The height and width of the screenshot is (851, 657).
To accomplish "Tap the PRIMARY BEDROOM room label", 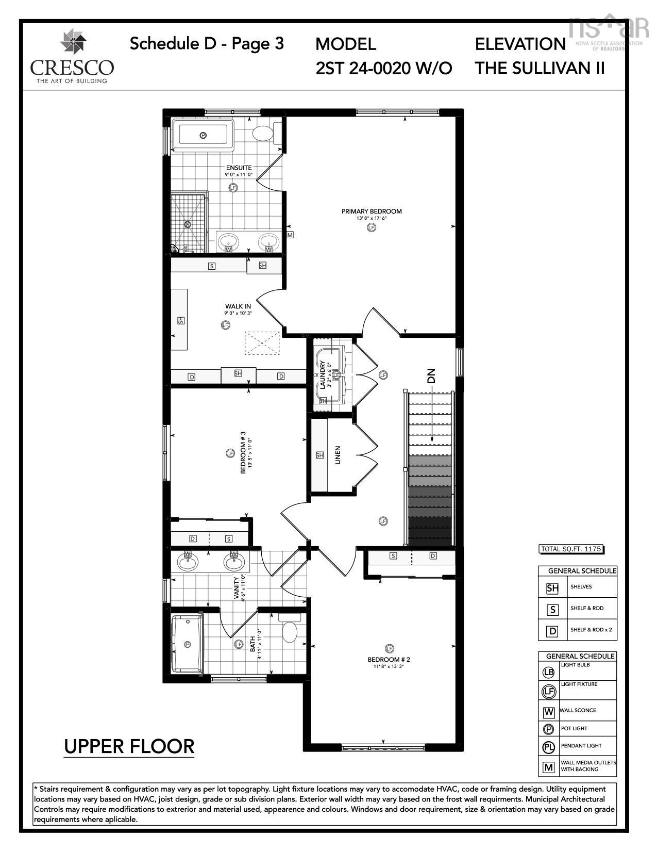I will point(371,211).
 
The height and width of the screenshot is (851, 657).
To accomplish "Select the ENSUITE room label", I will point(239,168).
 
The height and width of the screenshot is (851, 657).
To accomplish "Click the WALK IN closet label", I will point(238,306).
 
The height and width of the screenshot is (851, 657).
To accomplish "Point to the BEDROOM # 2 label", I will point(389,660).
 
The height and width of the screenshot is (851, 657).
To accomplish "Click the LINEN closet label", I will point(338,455).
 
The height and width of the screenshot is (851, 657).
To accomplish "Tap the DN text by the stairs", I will point(431,375).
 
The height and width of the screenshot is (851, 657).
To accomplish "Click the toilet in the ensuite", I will point(263,133).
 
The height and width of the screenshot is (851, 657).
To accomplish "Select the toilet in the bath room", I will point(290,631).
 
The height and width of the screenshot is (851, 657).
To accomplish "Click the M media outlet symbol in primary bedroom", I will point(290,235).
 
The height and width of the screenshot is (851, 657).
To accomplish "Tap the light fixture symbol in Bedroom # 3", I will point(230,453).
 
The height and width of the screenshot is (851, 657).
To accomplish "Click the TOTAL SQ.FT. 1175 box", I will point(570,549).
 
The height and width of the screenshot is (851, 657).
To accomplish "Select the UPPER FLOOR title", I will point(129,746).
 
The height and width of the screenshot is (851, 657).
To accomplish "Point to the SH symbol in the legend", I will point(552,588).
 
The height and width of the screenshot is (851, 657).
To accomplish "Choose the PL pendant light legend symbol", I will point(548,747).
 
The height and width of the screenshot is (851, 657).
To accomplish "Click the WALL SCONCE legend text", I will point(578,710).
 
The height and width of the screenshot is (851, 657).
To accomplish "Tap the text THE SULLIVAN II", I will point(540,68).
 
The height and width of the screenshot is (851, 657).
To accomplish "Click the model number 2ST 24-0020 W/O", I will point(383,68).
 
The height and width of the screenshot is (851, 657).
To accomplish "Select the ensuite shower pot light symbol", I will point(188,224).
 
